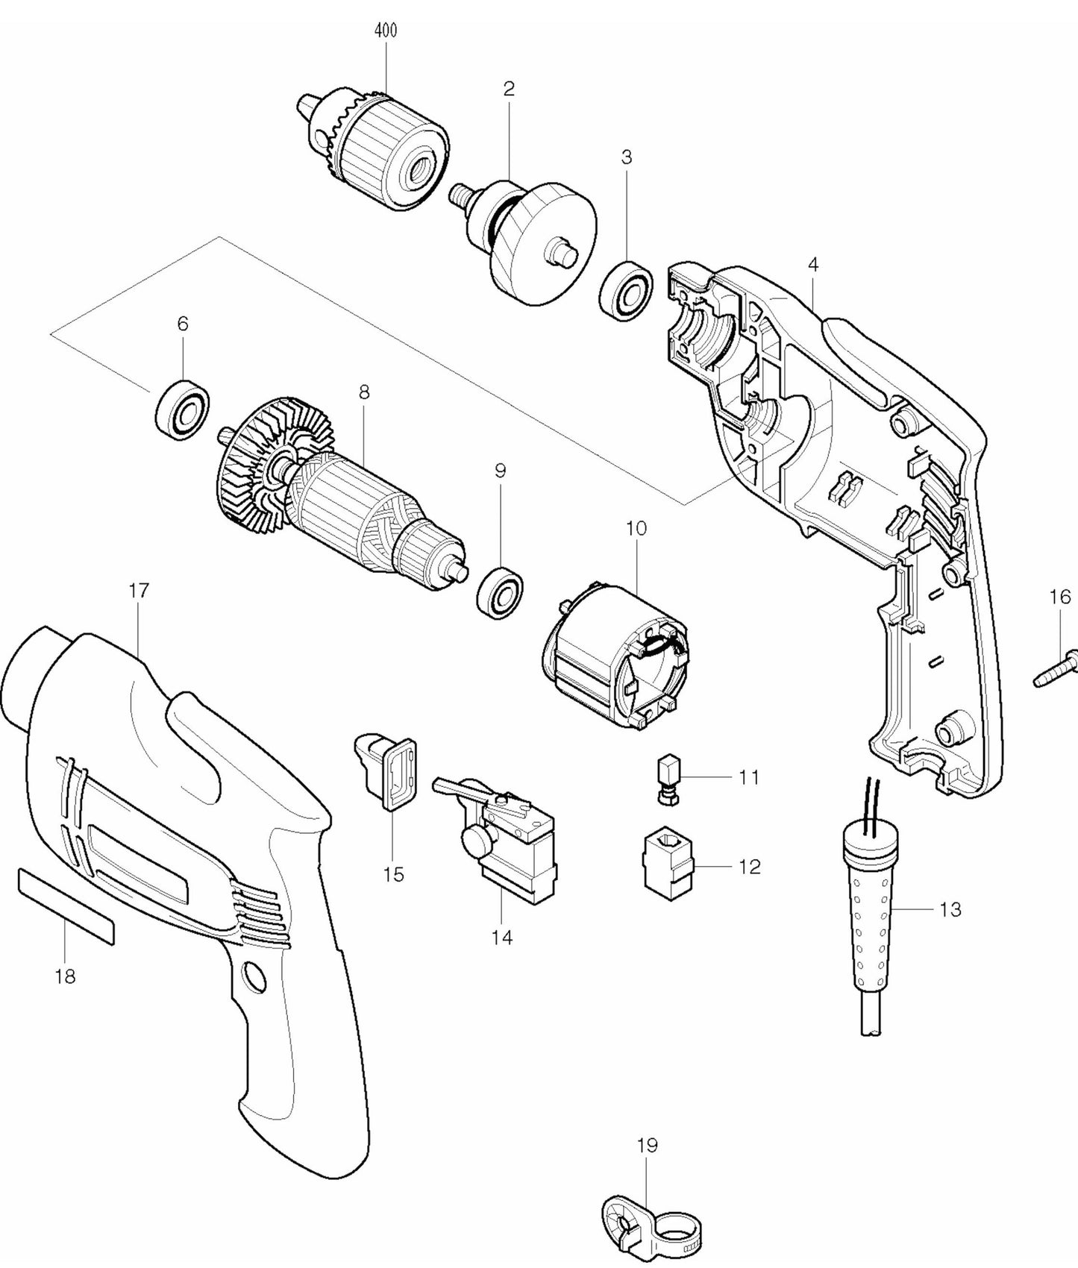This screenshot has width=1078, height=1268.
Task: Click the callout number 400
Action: (x=385, y=31)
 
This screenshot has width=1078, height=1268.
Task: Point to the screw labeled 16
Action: (x=1060, y=669)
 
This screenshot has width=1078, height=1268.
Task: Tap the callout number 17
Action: (x=139, y=590)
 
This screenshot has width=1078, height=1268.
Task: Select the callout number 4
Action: (x=813, y=264)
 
